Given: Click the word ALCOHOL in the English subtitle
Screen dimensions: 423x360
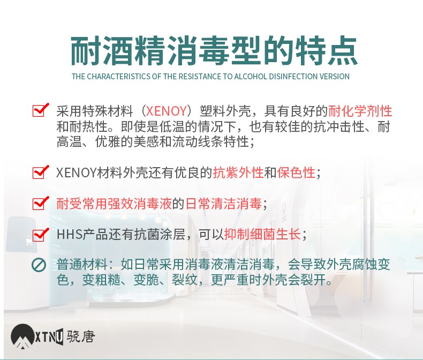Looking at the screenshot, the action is [x=251, y=77].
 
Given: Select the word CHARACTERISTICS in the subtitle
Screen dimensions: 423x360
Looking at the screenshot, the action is [x=119, y=77].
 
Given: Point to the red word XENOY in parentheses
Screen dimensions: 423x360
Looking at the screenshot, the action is [x=167, y=111].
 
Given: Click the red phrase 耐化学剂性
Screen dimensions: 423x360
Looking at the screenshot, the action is [x=360, y=111].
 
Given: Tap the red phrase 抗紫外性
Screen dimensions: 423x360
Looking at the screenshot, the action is [x=238, y=172].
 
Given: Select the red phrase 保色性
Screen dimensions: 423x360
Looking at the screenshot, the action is [x=296, y=172].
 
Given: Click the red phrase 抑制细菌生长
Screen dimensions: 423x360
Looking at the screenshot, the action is [x=262, y=234].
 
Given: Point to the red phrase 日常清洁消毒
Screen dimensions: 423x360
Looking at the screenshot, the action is [x=224, y=204].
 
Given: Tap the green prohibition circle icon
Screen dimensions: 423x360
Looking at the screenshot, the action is [x=39, y=265].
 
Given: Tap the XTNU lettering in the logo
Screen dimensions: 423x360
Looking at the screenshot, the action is [x=49, y=337].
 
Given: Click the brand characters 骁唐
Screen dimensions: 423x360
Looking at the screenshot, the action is [x=81, y=336].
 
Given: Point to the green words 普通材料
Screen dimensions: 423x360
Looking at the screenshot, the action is [x=82, y=265].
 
